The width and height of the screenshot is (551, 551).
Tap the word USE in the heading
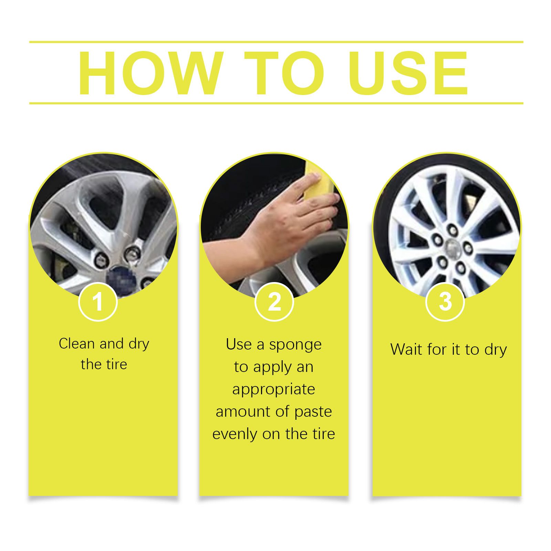tap(408, 73)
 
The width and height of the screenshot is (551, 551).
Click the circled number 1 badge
tap(98, 302)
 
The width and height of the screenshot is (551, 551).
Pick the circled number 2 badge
tap(274, 302)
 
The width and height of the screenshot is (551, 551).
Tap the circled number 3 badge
tap(445, 302)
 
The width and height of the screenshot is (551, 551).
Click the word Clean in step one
tap(76, 344)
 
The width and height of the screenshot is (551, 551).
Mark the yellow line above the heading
tap(276, 42)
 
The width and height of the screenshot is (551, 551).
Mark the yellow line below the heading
tap(276, 103)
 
